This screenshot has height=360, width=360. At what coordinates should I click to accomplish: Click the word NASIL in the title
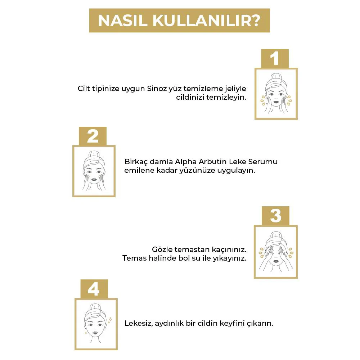pos(122,21)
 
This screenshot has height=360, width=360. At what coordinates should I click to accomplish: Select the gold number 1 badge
pos(275,58)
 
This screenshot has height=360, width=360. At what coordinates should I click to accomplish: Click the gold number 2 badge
pos(93,136)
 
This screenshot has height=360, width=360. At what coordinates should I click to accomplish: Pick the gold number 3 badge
pos(275,216)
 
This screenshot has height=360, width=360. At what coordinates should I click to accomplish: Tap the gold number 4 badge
pos(93,289)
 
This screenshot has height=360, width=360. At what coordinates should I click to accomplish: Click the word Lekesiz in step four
pos(139,323)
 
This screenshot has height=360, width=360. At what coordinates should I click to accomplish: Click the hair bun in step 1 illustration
pos(276,77)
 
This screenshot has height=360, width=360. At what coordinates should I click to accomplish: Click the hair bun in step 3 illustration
pos(276,235)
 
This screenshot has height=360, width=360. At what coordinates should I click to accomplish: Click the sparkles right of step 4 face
pos(109,319)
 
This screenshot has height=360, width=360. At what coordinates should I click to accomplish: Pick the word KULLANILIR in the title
pos(196,21)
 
